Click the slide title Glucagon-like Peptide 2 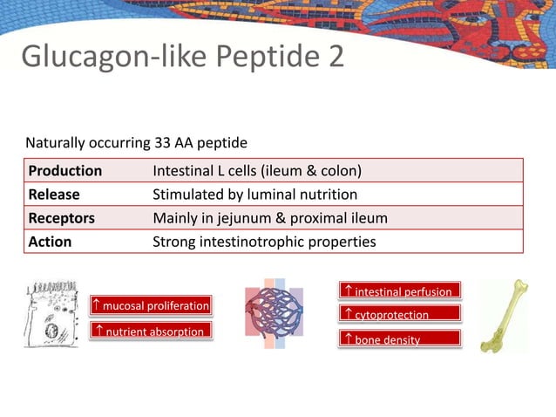(x=182, y=57)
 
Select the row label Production (x=65, y=170)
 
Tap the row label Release (x=54, y=195)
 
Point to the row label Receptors (x=62, y=218)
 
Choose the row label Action (x=51, y=242)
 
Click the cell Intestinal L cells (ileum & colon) (x=257, y=170)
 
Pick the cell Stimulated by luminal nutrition (x=254, y=195)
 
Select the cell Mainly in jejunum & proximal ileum (x=270, y=218)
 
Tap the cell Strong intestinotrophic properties (x=264, y=242)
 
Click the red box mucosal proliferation (x=151, y=305)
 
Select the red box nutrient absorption (x=151, y=332)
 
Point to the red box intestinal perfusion (x=400, y=291)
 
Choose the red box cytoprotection (x=400, y=314)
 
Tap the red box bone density (x=400, y=339)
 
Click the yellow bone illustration (x=504, y=317)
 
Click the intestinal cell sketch (x=51, y=313)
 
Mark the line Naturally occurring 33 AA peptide (x=136, y=142)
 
